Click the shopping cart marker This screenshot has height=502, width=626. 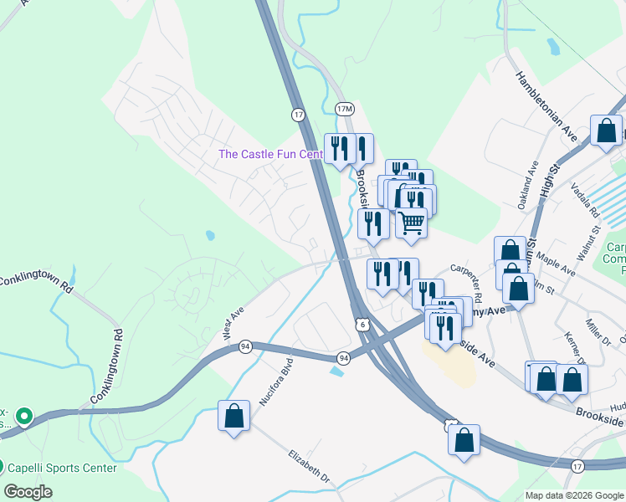click(411, 224)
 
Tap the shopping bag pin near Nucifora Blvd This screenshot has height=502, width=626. click(233, 416)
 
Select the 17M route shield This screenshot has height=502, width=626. click(344, 110)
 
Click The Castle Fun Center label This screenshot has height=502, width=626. click(270, 154)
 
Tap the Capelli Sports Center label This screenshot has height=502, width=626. click(64, 468)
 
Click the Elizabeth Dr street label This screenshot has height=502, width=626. click(310, 469)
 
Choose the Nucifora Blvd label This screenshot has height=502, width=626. click(275, 385)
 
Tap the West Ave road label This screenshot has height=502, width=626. click(233, 325)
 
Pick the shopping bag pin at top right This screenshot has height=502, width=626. click(606, 131)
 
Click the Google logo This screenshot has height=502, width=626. click(28, 492)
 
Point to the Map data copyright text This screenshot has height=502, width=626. click(573, 495)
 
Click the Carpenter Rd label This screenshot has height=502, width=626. click(467, 283)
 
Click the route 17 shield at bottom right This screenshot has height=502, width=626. click(577, 465)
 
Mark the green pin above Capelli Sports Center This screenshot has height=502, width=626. click(25, 416)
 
